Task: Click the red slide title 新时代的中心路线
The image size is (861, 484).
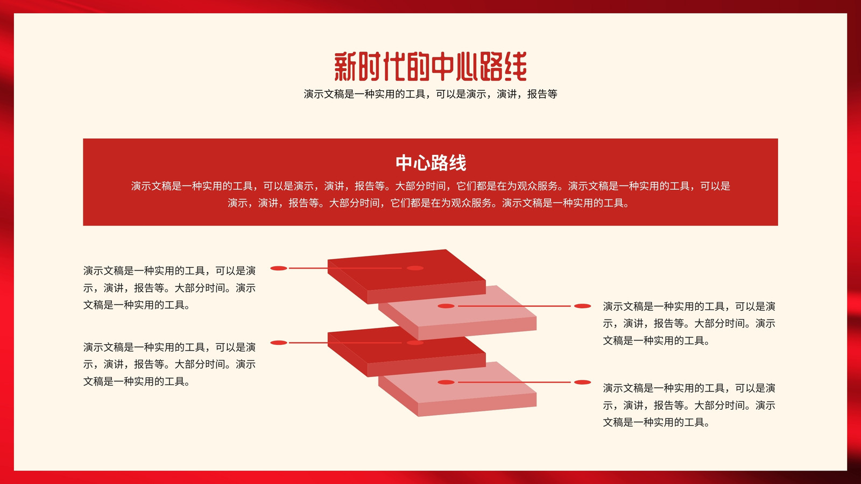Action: tap(430, 67)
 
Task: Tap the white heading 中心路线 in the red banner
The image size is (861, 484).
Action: tap(430, 163)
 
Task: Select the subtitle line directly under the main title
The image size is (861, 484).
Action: tap(430, 94)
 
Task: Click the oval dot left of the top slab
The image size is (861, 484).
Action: tap(279, 268)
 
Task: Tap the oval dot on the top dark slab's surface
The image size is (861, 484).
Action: tap(415, 268)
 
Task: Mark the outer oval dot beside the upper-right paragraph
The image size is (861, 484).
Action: tap(582, 306)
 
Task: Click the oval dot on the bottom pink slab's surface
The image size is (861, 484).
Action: tap(446, 382)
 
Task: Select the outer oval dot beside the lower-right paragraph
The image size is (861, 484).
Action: tap(582, 382)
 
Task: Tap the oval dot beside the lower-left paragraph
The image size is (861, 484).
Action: tap(279, 343)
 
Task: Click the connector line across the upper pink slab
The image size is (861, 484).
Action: tap(514, 306)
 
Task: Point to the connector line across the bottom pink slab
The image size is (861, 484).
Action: tap(514, 382)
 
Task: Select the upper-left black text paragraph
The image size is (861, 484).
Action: tap(170, 288)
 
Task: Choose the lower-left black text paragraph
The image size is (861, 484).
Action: tap(170, 364)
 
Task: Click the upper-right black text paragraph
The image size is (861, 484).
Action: tap(689, 323)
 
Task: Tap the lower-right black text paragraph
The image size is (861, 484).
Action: tap(689, 405)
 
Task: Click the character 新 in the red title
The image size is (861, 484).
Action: tap(345, 67)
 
